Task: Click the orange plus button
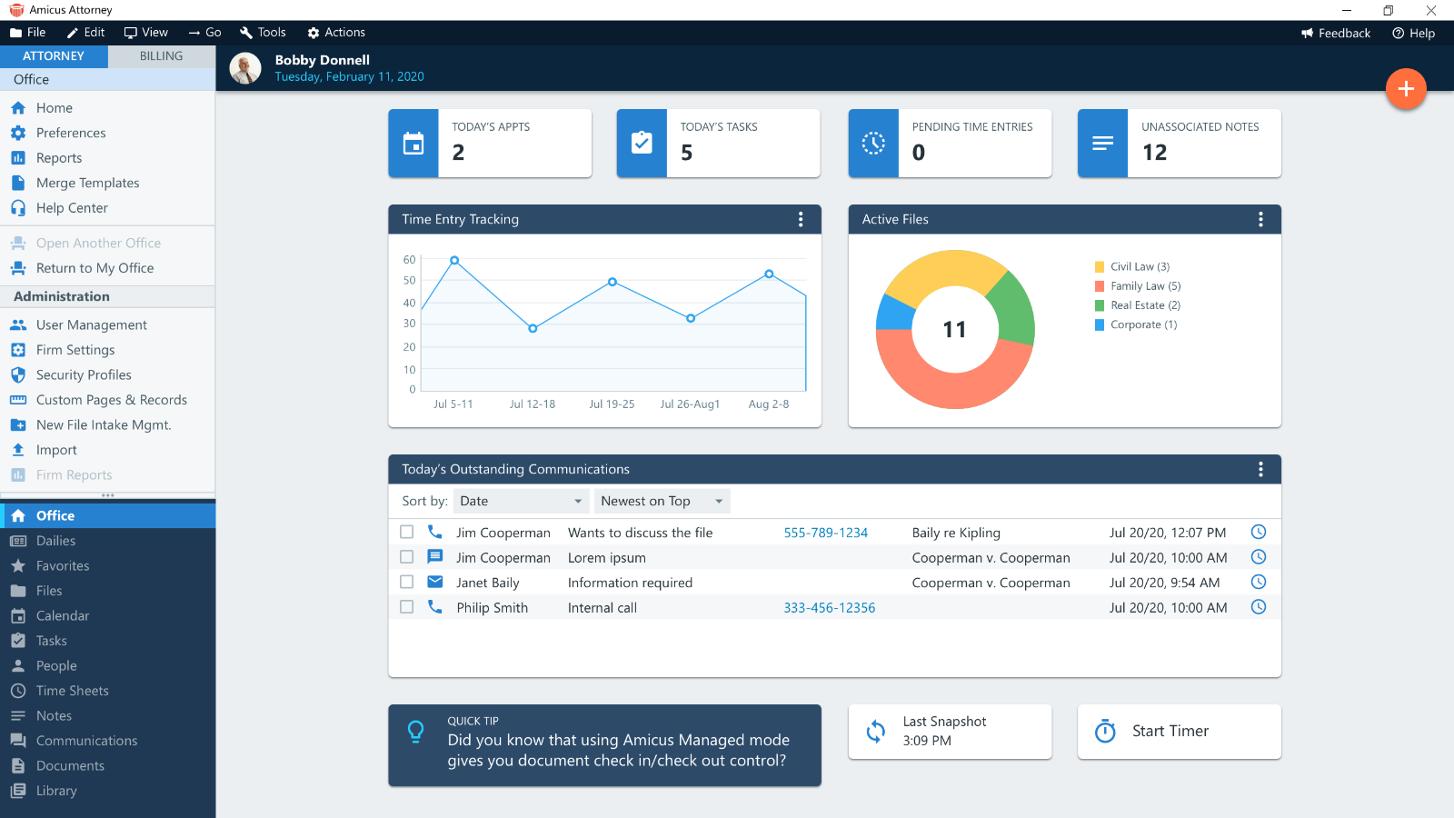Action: point(1406,89)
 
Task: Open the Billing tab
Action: point(161,56)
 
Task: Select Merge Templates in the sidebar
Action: point(87,183)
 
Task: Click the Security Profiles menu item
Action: point(84,374)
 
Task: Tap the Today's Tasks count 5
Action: point(687,153)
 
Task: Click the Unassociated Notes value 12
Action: point(1154,153)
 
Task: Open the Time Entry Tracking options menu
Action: point(801,219)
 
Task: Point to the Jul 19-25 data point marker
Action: point(612,282)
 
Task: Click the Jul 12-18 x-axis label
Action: point(533,404)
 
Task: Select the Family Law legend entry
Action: point(1145,286)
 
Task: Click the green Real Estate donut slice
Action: point(1012,304)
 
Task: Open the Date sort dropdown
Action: point(521,501)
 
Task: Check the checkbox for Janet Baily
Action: point(407,582)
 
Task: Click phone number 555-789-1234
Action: point(825,533)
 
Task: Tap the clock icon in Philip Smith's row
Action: point(1259,607)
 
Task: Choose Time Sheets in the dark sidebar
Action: point(72,691)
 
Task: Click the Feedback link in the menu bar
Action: point(1336,33)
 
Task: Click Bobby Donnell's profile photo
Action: point(245,68)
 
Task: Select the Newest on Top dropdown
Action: point(662,501)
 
